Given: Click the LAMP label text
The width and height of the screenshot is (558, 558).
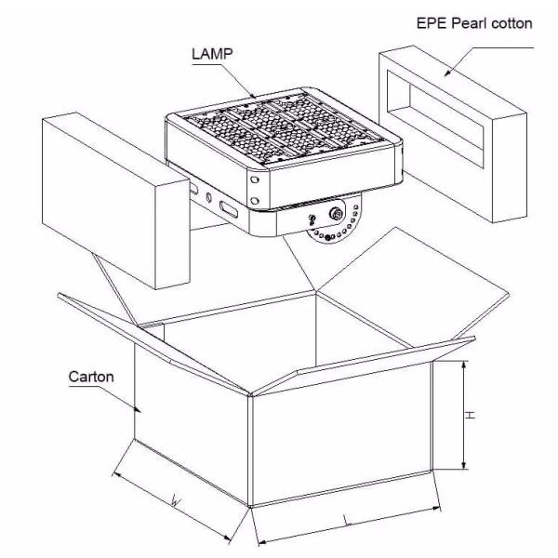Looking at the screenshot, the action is (x=212, y=54).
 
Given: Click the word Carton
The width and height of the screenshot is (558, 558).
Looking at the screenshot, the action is (x=91, y=377).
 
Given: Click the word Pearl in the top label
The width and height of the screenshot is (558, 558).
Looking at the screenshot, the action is (x=469, y=23).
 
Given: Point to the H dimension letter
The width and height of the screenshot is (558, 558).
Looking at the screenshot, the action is (x=470, y=415).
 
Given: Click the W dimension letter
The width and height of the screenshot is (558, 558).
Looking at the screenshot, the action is (x=176, y=501).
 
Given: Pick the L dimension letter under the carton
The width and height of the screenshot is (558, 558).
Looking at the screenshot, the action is (x=346, y=520).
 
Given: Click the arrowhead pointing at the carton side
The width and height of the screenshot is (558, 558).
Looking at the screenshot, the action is (x=137, y=409).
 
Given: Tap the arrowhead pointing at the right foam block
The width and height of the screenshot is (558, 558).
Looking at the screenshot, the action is (x=447, y=73).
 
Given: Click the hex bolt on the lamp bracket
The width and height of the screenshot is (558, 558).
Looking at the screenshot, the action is (x=336, y=214).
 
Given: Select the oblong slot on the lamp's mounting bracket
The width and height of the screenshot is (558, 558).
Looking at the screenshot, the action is (x=229, y=209).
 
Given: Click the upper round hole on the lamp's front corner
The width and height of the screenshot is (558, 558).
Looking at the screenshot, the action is (x=254, y=179).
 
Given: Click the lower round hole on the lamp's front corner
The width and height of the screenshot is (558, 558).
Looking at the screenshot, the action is (x=255, y=201).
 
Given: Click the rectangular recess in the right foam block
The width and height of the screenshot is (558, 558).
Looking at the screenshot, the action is (x=435, y=117).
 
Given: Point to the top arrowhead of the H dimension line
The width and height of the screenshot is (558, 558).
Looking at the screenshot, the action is (x=463, y=365).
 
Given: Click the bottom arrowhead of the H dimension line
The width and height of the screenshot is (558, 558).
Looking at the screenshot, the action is (x=463, y=464).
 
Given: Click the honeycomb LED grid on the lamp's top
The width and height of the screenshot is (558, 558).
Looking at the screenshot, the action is (x=284, y=128).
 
